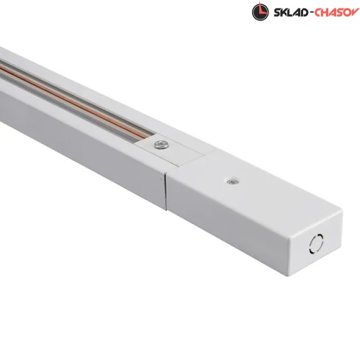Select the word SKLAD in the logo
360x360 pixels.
(291, 12)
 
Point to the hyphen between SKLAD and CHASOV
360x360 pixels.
(311, 12)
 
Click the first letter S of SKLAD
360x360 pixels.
(277, 12)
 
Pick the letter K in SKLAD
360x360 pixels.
(284, 12)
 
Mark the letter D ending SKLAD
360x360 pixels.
(305, 12)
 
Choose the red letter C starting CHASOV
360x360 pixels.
(318, 12)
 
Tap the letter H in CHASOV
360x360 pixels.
(325, 12)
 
